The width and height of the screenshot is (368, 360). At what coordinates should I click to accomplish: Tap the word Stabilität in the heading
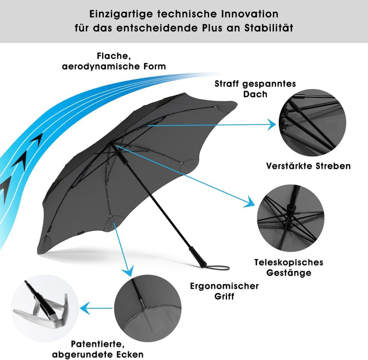tap(269, 28)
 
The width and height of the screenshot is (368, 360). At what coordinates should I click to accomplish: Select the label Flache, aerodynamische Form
tap(114, 61)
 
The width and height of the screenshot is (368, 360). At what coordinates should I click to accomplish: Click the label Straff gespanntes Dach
tap(256, 89)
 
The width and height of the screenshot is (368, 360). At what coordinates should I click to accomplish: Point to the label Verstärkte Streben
tap(308, 166)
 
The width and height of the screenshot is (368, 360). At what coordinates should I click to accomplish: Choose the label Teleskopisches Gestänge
tap(289, 267)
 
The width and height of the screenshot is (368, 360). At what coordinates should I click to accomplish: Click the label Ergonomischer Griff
tap(224, 291)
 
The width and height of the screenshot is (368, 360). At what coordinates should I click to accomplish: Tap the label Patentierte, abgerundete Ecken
tap(98, 349)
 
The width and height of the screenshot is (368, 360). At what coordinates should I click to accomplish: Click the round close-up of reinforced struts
tap(312, 122)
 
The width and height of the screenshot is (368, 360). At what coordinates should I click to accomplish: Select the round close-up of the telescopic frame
tap(290, 218)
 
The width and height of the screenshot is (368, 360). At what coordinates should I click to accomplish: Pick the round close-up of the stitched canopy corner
tap(148, 308)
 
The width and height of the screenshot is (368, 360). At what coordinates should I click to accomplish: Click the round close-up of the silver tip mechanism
tap(45, 308)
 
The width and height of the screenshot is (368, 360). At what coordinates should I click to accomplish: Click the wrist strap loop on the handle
tap(217, 267)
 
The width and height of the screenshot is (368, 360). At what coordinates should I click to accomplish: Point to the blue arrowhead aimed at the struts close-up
tap(271, 124)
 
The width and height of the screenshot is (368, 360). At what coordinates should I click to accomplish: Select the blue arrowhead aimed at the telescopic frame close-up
tap(249, 201)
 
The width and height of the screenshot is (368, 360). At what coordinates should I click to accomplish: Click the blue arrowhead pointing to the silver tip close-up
tap(85, 308)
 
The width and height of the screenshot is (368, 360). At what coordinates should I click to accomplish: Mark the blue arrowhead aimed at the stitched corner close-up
tap(128, 271)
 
